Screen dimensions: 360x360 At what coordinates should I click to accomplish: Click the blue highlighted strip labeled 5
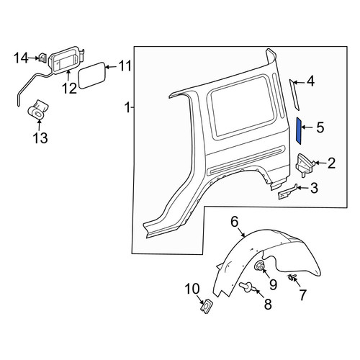[x=299, y=131]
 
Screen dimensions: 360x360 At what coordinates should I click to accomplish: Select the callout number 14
[x=21, y=58]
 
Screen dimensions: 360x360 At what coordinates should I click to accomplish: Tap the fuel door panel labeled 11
[x=92, y=76]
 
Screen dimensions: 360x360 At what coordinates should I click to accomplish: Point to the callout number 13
[x=40, y=138]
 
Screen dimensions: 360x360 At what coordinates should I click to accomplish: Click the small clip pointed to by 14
[x=42, y=58]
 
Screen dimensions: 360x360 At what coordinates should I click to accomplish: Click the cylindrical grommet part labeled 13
[x=37, y=109]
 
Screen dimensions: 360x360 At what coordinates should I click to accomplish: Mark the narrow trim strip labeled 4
[x=294, y=95]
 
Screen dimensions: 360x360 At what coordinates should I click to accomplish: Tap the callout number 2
[x=331, y=163]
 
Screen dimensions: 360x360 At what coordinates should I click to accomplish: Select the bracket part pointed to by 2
[x=305, y=165]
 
